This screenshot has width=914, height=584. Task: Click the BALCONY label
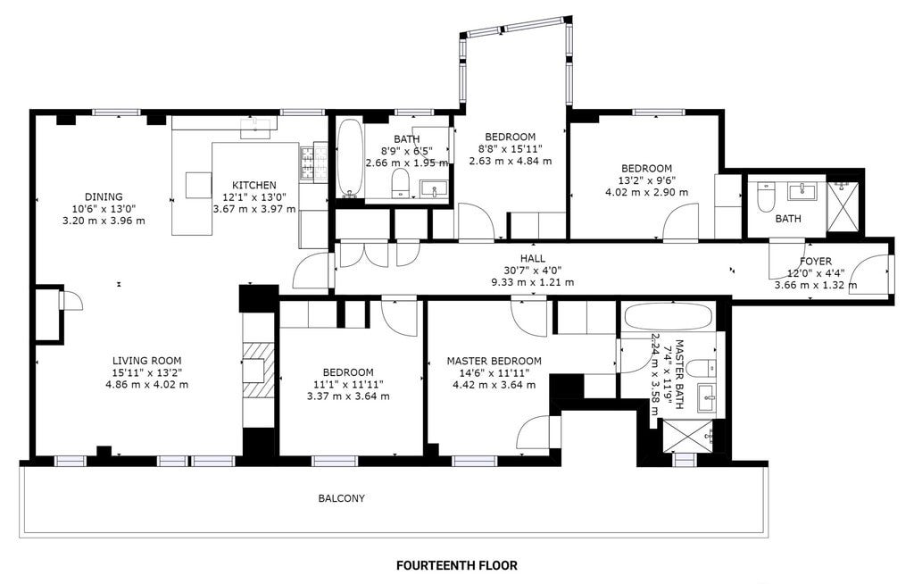pyautogui.click(x=342, y=498)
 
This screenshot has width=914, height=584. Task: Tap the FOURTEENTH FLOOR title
pyautogui.click(x=456, y=565)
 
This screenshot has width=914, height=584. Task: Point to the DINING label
pyautogui.click(x=104, y=196)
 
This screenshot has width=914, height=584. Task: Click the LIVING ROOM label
pyautogui.click(x=147, y=361)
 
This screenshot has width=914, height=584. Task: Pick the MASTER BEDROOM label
pyautogui.click(x=494, y=361)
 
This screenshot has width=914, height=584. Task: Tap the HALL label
pyautogui.click(x=533, y=258)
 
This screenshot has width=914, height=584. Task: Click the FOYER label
pyautogui.click(x=816, y=262)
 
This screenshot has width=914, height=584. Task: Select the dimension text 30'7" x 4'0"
pyautogui.click(x=533, y=270)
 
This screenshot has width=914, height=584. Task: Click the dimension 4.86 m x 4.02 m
pyautogui.click(x=147, y=385)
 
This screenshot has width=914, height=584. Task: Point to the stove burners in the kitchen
pyautogui.click(x=313, y=163)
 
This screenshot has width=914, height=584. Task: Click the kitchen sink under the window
pyautogui.click(x=258, y=127)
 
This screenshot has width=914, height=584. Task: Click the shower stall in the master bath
pyautogui.click(x=686, y=436)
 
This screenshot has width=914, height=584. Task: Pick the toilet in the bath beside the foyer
pyautogui.click(x=764, y=197)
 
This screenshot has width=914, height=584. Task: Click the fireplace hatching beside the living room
pyautogui.click(x=258, y=370)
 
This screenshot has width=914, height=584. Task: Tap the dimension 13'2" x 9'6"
pyautogui.click(x=646, y=180)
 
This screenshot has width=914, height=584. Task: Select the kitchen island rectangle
pyautogui.click(x=198, y=185)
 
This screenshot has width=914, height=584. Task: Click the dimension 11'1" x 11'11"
pyautogui.click(x=349, y=385)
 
